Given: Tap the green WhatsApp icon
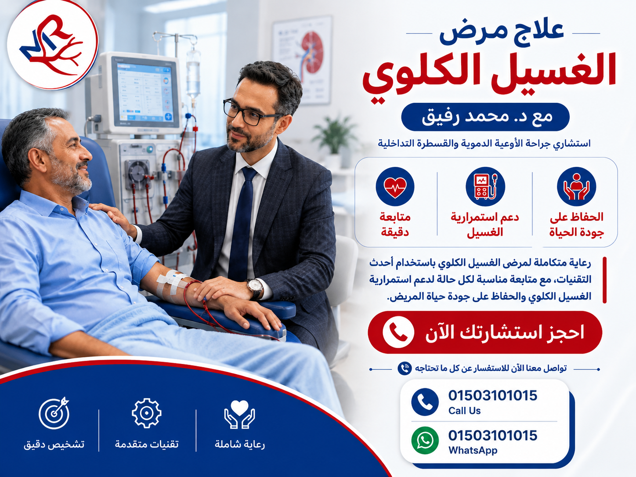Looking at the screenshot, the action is coord(425,440).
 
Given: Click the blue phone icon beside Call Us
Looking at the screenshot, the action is coord(425,402).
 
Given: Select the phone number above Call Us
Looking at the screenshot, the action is coord(492,396).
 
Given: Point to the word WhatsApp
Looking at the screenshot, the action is coord(473,450).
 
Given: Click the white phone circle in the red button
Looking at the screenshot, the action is coord(398,332).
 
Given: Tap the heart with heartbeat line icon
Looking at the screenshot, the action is coord(395,187).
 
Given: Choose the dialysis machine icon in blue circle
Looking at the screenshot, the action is coord(485,187).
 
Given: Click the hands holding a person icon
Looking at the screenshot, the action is coord(576,187).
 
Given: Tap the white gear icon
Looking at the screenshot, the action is coord(146,413).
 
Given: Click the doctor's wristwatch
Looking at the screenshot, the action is coord(255,288).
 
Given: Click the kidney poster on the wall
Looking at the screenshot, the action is coord(302,60).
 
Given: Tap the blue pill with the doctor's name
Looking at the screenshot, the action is coord(485,117).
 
